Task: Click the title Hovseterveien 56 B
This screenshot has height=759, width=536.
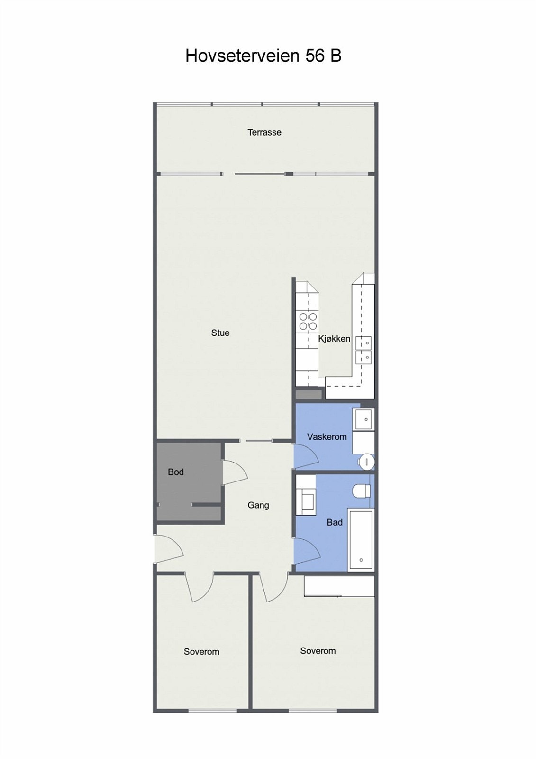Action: click(263, 56)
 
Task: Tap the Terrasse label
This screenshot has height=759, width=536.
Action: click(264, 132)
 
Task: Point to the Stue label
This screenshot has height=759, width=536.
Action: click(220, 333)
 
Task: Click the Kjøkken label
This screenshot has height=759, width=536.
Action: click(334, 339)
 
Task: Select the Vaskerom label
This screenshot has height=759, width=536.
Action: click(327, 437)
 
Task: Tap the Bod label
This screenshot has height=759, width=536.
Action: click(175, 472)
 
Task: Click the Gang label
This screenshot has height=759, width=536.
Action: click(258, 505)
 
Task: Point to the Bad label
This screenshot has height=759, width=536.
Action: click(334, 522)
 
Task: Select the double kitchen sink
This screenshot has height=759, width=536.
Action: click(363, 350)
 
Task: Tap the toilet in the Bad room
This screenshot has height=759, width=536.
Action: click(362, 491)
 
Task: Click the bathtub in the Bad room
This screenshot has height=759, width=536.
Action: click(361, 540)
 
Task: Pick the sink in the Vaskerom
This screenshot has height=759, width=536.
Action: click(365, 419)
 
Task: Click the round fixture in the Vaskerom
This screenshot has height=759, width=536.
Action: click(367, 462)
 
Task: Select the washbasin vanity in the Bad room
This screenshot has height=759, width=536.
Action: click(306, 496)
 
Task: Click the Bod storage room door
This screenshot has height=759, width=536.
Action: click(233, 472)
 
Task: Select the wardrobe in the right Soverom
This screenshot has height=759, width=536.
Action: click(339, 586)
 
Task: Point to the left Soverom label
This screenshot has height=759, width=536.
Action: click(201, 652)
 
